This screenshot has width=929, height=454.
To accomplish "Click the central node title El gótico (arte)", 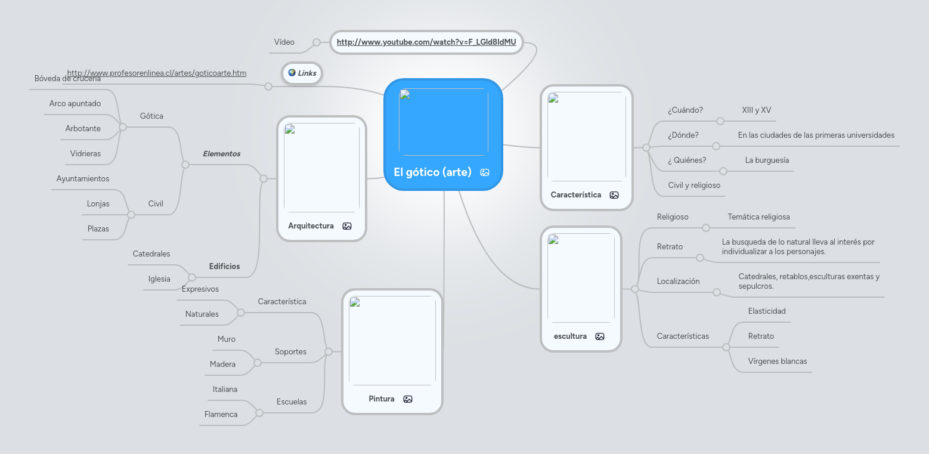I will pyautogui.click(x=432, y=172).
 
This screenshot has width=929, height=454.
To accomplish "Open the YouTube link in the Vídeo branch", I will pyautogui.click(x=426, y=42).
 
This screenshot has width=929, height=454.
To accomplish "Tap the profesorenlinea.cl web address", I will pyautogui.click(x=157, y=73).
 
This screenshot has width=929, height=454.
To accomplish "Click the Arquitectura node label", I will pyautogui.click(x=311, y=226).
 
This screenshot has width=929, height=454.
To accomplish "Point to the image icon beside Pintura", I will pyautogui.click(x=408, y=399).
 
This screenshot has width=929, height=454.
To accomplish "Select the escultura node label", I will pyautogui.click(x=570, y=336).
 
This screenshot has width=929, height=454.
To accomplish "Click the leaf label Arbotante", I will pyautogui.click(x=83, y=129).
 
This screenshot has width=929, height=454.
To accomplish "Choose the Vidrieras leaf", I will pyautogui.click(x=85, y=154).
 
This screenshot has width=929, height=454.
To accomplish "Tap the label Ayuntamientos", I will pyautogui.click(x=83, y=179).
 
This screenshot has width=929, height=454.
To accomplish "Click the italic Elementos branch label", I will pyautogui.click(x=221, y=154).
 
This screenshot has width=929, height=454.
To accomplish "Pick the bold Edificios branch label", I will pyautogui.click(x=224, y=267).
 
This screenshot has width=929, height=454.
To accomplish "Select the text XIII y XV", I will pyautogui.click(x=757, y=110).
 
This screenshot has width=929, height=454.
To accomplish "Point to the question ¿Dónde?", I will pyautogui.click(x=683, y=135).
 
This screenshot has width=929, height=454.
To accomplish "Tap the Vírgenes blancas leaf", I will pyautogui.click(x=777, y=362).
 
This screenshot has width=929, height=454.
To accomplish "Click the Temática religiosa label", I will pyautogui.click(x=758, y=217).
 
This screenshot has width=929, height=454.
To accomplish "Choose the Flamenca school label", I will pyautogui.click(x=221, y=415).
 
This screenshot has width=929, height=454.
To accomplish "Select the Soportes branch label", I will pyautogui.click(x=290, y=352).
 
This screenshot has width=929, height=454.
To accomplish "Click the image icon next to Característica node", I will pyautogui.click(x=614, y=195).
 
